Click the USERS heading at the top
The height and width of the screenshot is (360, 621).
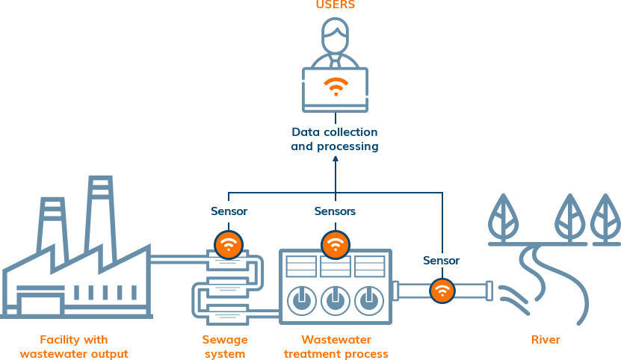tap(335, 5)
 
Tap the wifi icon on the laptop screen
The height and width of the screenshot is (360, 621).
tap(335, 86)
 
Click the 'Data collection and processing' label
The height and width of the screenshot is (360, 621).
tap(335, 140)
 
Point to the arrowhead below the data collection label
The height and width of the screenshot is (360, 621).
tap(335, 159)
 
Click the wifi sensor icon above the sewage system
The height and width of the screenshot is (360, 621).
tap(229, 244)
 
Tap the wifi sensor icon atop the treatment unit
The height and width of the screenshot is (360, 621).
tap(335, 244)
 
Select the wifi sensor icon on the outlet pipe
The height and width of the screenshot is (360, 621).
tap(442, 290)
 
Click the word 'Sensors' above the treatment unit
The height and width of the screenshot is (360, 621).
tap(335, 211)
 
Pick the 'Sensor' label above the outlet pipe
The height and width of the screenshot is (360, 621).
tap(442, 261)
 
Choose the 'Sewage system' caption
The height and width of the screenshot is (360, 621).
tap(225, 347)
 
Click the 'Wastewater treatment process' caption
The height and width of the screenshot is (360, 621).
tap(336, 347)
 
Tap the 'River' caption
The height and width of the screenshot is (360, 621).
tap(546, 340)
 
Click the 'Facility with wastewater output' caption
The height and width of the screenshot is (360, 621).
tap(74, 347)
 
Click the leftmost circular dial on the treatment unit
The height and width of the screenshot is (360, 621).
tap(300, 300)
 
